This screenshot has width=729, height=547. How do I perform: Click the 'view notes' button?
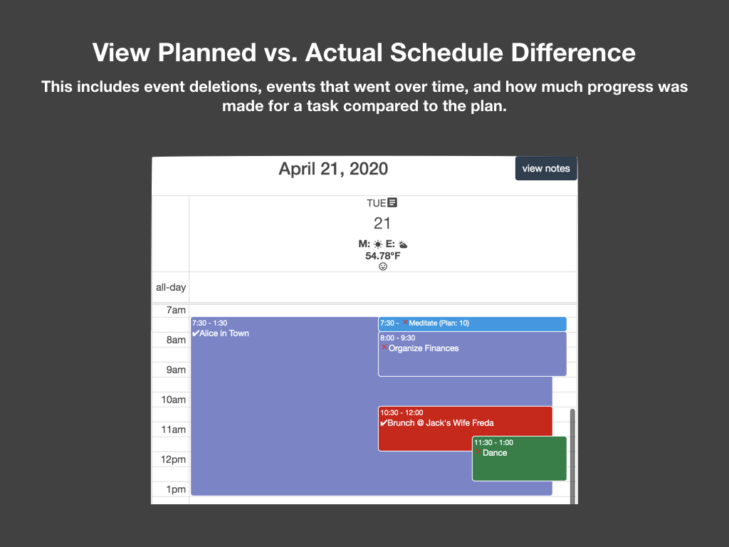(x=546, y=169)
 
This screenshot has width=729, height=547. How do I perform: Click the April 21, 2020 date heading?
(x=333, y=169)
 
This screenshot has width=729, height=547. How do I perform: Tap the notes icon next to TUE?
(x=392, y=203)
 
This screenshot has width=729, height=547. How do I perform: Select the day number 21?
(x=382, y=224)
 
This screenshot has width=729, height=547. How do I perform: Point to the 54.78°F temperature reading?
(x=382, y=256)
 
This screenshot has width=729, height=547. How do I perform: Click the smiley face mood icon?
(x=382, y=266)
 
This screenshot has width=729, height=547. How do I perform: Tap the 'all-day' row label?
(x=171, y=288)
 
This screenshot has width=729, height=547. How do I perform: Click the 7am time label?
(x=176, y=310)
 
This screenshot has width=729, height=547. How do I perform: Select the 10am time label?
(x=174, y=400)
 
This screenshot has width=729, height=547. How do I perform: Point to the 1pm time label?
(x=176, y=489)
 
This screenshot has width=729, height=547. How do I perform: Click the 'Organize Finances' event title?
(x=424, y=348)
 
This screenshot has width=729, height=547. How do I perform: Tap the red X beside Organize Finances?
(x=384, y=348)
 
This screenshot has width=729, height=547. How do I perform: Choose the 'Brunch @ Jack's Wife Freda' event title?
(x=440, y=423)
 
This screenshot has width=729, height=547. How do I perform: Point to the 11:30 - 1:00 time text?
(x=493, y=442)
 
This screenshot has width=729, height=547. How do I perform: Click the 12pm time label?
(x=174, y=459)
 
